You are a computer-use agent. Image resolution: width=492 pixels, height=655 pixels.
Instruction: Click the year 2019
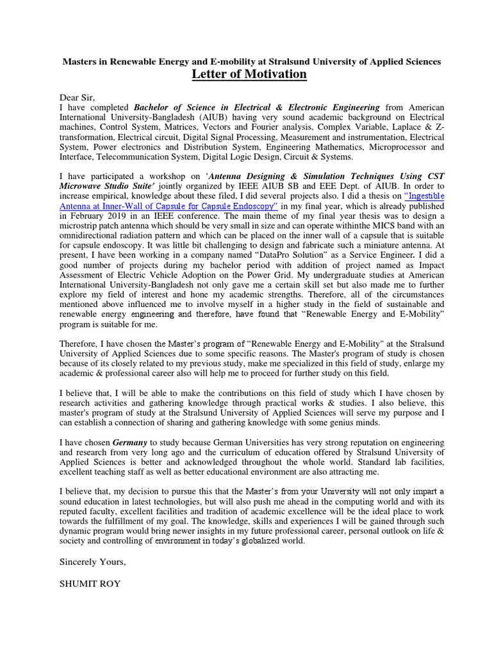(x=118, y=216)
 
